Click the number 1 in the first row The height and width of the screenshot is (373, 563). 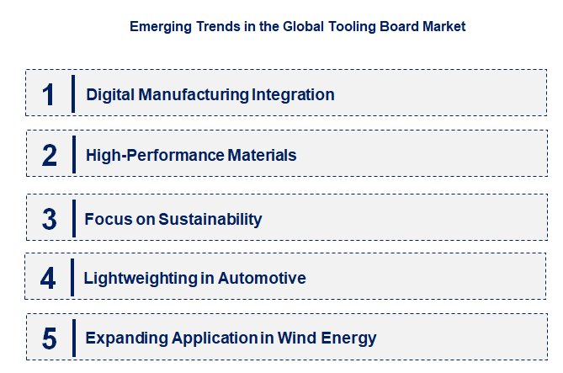point(49,94)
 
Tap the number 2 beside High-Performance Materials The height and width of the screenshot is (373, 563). point(50,155)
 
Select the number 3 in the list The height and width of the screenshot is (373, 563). point(50,219)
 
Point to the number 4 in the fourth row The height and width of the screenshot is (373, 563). point(48,278)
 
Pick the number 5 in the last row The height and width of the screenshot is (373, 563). point(50,338)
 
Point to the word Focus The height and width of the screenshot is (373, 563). point(104,219)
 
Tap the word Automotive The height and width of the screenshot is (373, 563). point(262,278)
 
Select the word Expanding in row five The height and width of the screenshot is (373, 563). point(125,338)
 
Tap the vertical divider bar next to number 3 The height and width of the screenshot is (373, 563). point(73,219)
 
